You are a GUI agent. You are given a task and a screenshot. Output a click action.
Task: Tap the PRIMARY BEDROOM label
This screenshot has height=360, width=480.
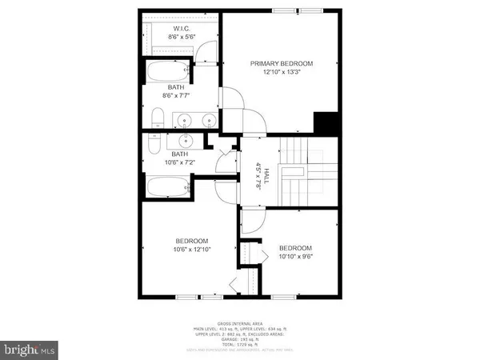click(281, 63)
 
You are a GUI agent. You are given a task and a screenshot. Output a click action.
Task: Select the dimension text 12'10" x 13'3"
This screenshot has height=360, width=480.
click(281, 73)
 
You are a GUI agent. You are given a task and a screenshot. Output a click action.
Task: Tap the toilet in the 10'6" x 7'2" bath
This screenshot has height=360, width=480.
click(154, 145)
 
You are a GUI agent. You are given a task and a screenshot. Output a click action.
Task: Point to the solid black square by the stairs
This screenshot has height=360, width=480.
click(326, 124)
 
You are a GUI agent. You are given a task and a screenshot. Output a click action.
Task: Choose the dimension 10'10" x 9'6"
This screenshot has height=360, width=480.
click(295, 258)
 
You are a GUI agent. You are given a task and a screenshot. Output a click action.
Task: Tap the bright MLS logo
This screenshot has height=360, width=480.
click(29, 349)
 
